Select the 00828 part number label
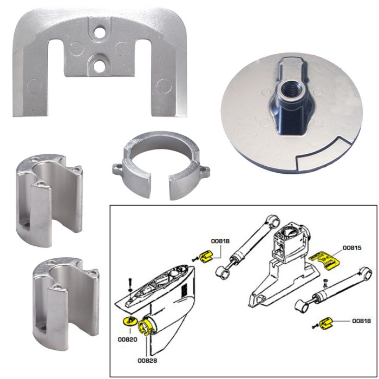click(147, 361)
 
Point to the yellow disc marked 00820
click(128, 323)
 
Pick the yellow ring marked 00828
click(147, 326)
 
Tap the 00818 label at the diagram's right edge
click(361, 321)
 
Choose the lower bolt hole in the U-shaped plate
click(99, 66)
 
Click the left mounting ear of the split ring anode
click(119, 169)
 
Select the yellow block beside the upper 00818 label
click(206, 255)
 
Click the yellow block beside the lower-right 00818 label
click(327, 324)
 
